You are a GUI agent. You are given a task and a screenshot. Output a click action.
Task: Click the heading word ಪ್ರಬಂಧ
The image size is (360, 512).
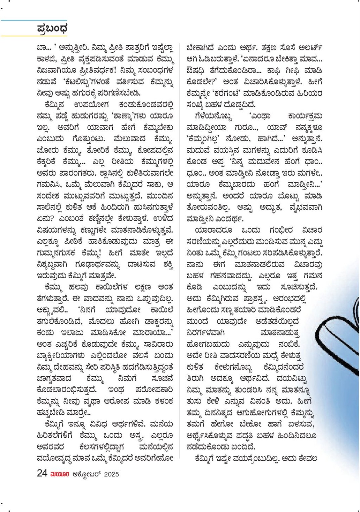tap(52, 29)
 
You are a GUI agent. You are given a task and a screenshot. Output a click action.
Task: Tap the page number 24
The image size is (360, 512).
tap(42, 473)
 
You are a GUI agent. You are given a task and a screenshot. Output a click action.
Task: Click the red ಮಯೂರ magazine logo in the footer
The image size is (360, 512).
tap(60, 474)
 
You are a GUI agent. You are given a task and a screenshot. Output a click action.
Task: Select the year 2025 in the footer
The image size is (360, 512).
tap(111, 474)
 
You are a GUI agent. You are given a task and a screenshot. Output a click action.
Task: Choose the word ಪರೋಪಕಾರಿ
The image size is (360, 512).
tap(154, 390)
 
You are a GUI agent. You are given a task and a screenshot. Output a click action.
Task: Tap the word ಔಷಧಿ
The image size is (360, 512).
tap(195, 71)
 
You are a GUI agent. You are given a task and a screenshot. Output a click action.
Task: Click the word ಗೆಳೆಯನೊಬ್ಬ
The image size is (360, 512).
tap(213, 116)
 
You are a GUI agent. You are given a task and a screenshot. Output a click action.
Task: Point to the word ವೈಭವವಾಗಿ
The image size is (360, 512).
tap(306, 207)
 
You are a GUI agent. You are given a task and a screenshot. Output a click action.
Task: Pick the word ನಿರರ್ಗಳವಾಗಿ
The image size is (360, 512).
tap(206, 333)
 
